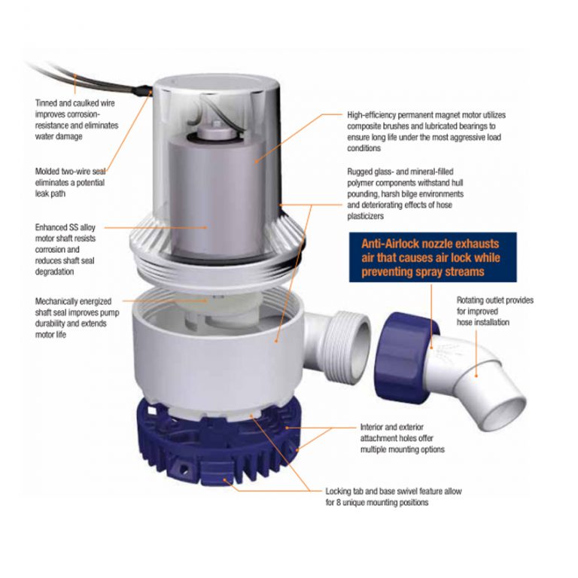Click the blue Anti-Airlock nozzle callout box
[433, 257]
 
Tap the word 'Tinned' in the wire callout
[46, 103]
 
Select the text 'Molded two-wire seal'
[71, 171]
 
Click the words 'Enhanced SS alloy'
[65, 227]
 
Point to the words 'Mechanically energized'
[73, 301]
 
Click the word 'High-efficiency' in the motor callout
[371, 115]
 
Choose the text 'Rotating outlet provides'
[495, 300]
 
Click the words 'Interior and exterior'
[392, 427]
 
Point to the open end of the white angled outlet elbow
[505, 413]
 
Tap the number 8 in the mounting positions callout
[339, 503]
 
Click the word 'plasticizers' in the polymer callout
[365, 216]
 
